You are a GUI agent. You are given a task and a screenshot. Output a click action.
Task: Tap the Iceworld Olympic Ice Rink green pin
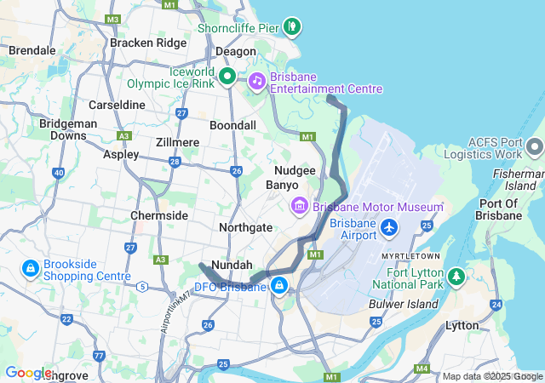(227, 77)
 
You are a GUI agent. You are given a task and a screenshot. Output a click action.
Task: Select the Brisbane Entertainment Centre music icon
(256, 82)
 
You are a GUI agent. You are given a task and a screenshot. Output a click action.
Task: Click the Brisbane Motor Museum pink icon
(299, 206)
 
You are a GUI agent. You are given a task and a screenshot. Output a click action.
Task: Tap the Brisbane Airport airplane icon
(390, 228)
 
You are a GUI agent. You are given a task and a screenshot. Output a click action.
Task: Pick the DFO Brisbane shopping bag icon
(278, 284)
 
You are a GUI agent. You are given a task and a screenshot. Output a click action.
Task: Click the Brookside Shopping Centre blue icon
(30, 269)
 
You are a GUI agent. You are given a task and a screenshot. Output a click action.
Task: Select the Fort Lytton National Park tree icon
(456, 277)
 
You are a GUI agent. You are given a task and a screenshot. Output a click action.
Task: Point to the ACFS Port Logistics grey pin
(534, 146)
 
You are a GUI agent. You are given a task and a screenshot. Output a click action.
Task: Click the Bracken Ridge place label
(147, 43)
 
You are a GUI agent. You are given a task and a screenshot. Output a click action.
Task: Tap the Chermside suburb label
(159, 215)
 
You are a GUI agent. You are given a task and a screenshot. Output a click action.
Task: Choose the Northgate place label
(245, 227)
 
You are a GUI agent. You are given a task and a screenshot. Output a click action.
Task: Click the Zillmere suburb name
(177, 142)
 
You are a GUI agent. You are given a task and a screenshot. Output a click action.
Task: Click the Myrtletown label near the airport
(410, 255)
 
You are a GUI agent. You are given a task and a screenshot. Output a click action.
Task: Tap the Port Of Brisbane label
(501, 209)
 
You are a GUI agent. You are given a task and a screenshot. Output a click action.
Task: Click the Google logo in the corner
(27, 373)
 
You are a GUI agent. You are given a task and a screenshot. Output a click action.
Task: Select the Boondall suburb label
(232, 125)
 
